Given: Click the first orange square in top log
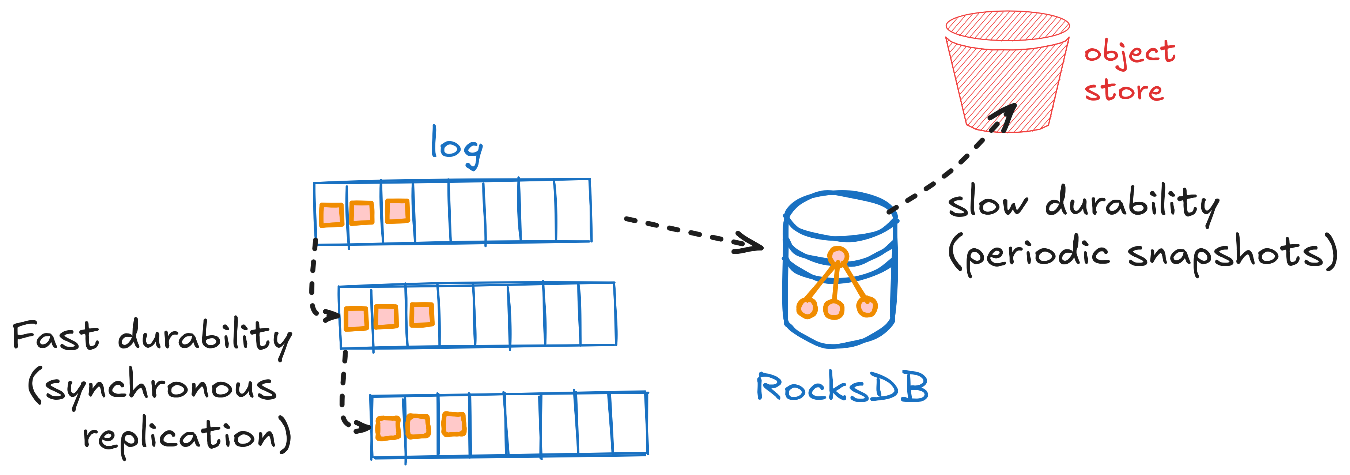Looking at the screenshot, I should point(331,215).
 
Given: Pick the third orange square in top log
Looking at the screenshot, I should point(397,211).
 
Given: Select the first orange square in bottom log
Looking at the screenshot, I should point(388,428).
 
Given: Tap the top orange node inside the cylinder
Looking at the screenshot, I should point(838,256).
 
